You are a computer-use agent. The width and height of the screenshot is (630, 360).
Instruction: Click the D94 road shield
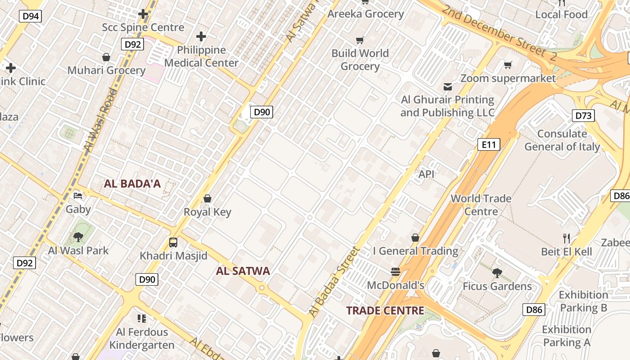click(x=31, y=17)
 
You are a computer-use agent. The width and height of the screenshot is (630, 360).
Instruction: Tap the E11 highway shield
click(x=489, y=144)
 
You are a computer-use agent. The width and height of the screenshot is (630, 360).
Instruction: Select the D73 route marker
click(x=583, y=116)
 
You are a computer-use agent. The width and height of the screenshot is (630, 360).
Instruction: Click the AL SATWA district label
click(x=243, y=271)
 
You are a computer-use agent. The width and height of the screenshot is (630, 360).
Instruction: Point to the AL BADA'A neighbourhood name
click(x=132, y=184)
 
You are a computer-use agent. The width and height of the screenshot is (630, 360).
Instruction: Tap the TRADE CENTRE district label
click(x=385, y=310)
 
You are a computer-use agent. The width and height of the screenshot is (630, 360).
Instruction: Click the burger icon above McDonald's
click(x=396, y=272)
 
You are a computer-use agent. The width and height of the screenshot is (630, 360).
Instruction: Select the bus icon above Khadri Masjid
click(x=173, y=243)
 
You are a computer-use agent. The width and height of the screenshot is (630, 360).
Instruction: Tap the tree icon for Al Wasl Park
click(x=78, y=237)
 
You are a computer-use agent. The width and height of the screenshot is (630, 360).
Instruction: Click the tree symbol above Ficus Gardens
click(x=497, y=273)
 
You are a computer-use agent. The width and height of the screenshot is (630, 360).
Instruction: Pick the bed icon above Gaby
click(x=78, y=196)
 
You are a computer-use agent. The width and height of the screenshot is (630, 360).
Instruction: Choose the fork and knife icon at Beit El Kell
click(x=567, y=238)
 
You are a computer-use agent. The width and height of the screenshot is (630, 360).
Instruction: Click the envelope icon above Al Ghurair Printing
click(x=447, y=86)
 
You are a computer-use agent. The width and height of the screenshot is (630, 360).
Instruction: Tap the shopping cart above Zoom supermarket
click(x=508, y=65)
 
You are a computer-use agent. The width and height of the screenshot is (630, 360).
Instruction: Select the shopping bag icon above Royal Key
click(x=207, y=198)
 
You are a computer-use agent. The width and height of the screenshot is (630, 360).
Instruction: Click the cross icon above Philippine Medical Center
click(x=201, y=36)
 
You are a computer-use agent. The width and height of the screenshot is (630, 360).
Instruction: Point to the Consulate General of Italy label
click(x=562, y=140)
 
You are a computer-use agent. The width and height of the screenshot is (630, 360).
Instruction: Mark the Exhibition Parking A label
click(x=567, y=336)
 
